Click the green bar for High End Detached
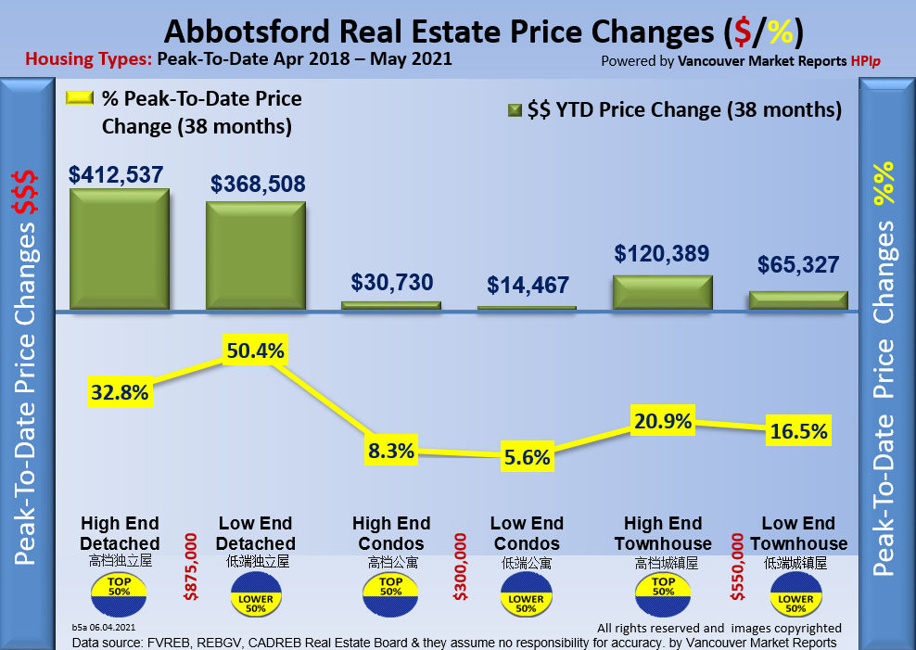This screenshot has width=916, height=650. pos(119,249)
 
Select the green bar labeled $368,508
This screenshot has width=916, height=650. pos(255,255)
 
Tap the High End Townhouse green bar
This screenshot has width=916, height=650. pos(663,291)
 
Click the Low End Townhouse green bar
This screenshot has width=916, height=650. pos(798,300)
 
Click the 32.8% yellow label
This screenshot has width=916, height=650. pos(120,392)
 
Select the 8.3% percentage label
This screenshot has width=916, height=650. pos(390,452)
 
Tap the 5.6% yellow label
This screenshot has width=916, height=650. pos(527,457)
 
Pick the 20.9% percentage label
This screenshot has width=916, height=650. pos(663,421)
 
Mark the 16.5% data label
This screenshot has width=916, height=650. pos(798,432)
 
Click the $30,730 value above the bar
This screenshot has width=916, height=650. pos(391,283)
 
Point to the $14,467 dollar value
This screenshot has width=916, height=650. pos(527,286)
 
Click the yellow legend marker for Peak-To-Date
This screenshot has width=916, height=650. pos(79,97)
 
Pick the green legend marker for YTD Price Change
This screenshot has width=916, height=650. pos(515,110)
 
